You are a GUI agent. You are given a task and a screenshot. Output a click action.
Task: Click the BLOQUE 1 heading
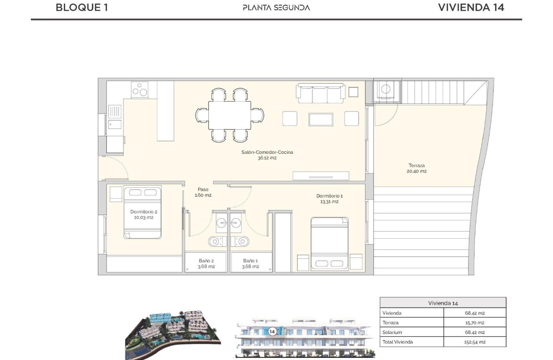pyautogui.click(x=81, y=7)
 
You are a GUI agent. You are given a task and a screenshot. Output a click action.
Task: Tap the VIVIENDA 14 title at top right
pyautogui.click(x=471, y=7)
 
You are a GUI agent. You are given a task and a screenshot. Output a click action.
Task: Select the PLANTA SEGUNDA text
pyautogui.click(x=276, y=7)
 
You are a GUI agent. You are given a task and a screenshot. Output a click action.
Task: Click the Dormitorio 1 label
pyautogui.click(x=329, y=198)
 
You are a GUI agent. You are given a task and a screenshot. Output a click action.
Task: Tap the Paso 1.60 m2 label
pyautogui.click(x=203, y=192)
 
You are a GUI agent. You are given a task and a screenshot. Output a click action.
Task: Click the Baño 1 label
pyautogui.click(x=251, y=263)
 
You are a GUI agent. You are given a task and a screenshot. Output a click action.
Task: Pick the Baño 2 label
pyautogui.click(x=206, y=263)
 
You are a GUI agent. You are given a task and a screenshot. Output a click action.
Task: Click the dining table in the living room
pyautogui.click(x=230, y=115)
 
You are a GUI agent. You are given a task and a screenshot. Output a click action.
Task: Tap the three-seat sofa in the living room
pyautogui.click(x=321, y=93)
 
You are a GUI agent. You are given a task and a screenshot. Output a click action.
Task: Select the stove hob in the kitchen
pyautogui.click(x=140, y=90)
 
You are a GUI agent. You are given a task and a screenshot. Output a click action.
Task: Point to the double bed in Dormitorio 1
pyautogui.click(x=329, y=243)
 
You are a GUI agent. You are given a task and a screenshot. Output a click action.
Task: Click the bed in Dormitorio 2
pyautogui.click(x=142, y=212)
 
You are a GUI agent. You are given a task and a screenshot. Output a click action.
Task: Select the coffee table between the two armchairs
pyautogui.click(x=321, y=119)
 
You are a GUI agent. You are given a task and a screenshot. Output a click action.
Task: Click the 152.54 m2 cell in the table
pyautogui.click(x=475, y=342)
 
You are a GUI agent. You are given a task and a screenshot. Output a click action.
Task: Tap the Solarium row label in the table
pyautogui.click(x=392, y=332)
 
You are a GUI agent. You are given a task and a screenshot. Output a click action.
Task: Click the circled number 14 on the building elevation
pyautogui.click(x=272, y=331)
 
